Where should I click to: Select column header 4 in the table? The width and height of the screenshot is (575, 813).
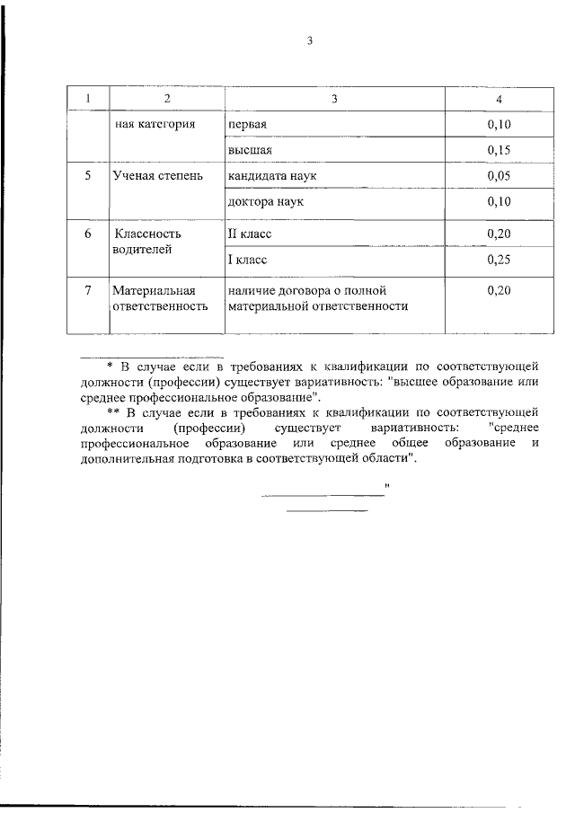click(499, 98)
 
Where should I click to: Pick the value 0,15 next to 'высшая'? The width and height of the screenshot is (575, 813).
click(499, 150)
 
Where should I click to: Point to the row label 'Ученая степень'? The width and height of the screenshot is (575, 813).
click(152, 176)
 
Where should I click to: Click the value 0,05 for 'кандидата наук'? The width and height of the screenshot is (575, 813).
click(499, 176)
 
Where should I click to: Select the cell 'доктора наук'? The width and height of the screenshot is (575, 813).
click(266, 202)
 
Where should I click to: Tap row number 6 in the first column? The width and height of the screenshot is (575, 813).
click(88, 234)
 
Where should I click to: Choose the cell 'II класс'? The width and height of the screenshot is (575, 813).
click(250, 234)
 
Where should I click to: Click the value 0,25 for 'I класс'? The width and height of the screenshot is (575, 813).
click(499, 261)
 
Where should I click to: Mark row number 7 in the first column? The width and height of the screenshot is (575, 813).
click(88, 291)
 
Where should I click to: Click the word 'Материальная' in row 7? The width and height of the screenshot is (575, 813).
click(155, 291)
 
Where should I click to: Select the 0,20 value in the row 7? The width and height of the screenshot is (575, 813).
click(499, 291)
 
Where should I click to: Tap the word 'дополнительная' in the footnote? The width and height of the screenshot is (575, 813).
click(122, 459)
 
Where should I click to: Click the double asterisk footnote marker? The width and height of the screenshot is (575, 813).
click(112, 413)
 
